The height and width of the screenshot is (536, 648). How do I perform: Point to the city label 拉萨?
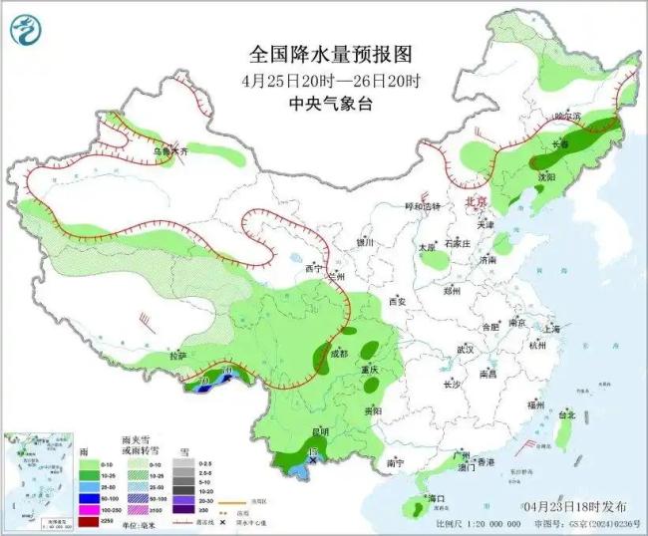pyautogui.click(x=178, y=356)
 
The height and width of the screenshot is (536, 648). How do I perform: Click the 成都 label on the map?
pyautogui.click(x=338, y=354)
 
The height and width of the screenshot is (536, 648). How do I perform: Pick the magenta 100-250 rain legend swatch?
pyautogui.click(x=87, y=509)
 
